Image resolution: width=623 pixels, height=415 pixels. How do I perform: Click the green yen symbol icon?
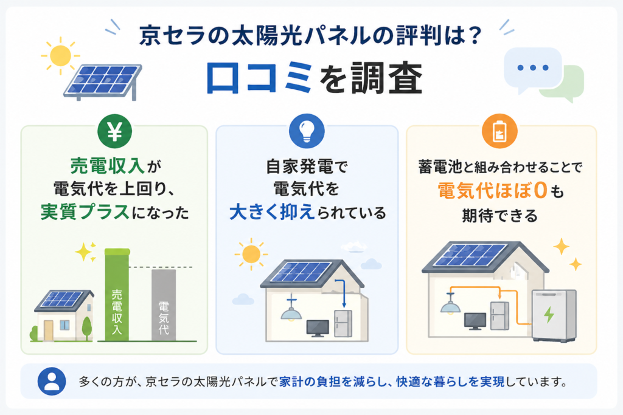115,133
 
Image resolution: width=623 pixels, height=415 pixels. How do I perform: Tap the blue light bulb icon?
307,133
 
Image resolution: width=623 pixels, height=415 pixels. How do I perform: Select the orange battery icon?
499,133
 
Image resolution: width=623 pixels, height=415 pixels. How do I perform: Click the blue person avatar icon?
51,382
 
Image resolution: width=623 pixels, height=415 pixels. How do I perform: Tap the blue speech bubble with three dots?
533,67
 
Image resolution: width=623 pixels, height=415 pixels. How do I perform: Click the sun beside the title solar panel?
60,56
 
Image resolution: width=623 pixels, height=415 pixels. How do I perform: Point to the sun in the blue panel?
251,255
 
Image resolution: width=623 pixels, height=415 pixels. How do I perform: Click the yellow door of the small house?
49,330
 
